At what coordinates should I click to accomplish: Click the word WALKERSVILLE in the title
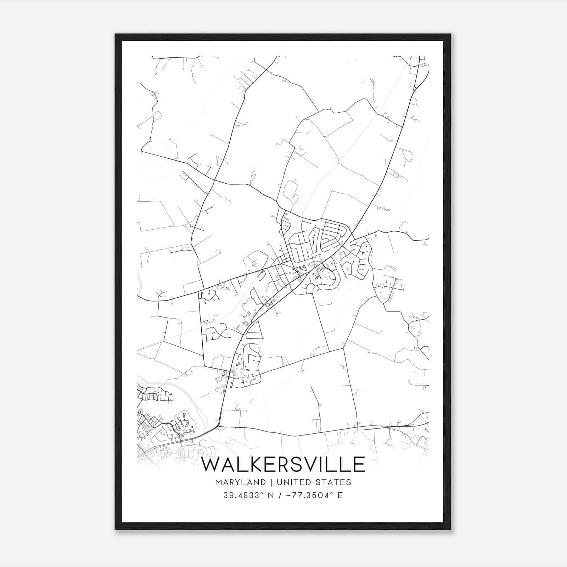tap(283, 464)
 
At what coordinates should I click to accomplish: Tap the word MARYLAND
tap(240, 482)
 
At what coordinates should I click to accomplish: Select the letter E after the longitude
tap(340, 495)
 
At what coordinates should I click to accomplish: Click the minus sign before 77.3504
tap(287, 495)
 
